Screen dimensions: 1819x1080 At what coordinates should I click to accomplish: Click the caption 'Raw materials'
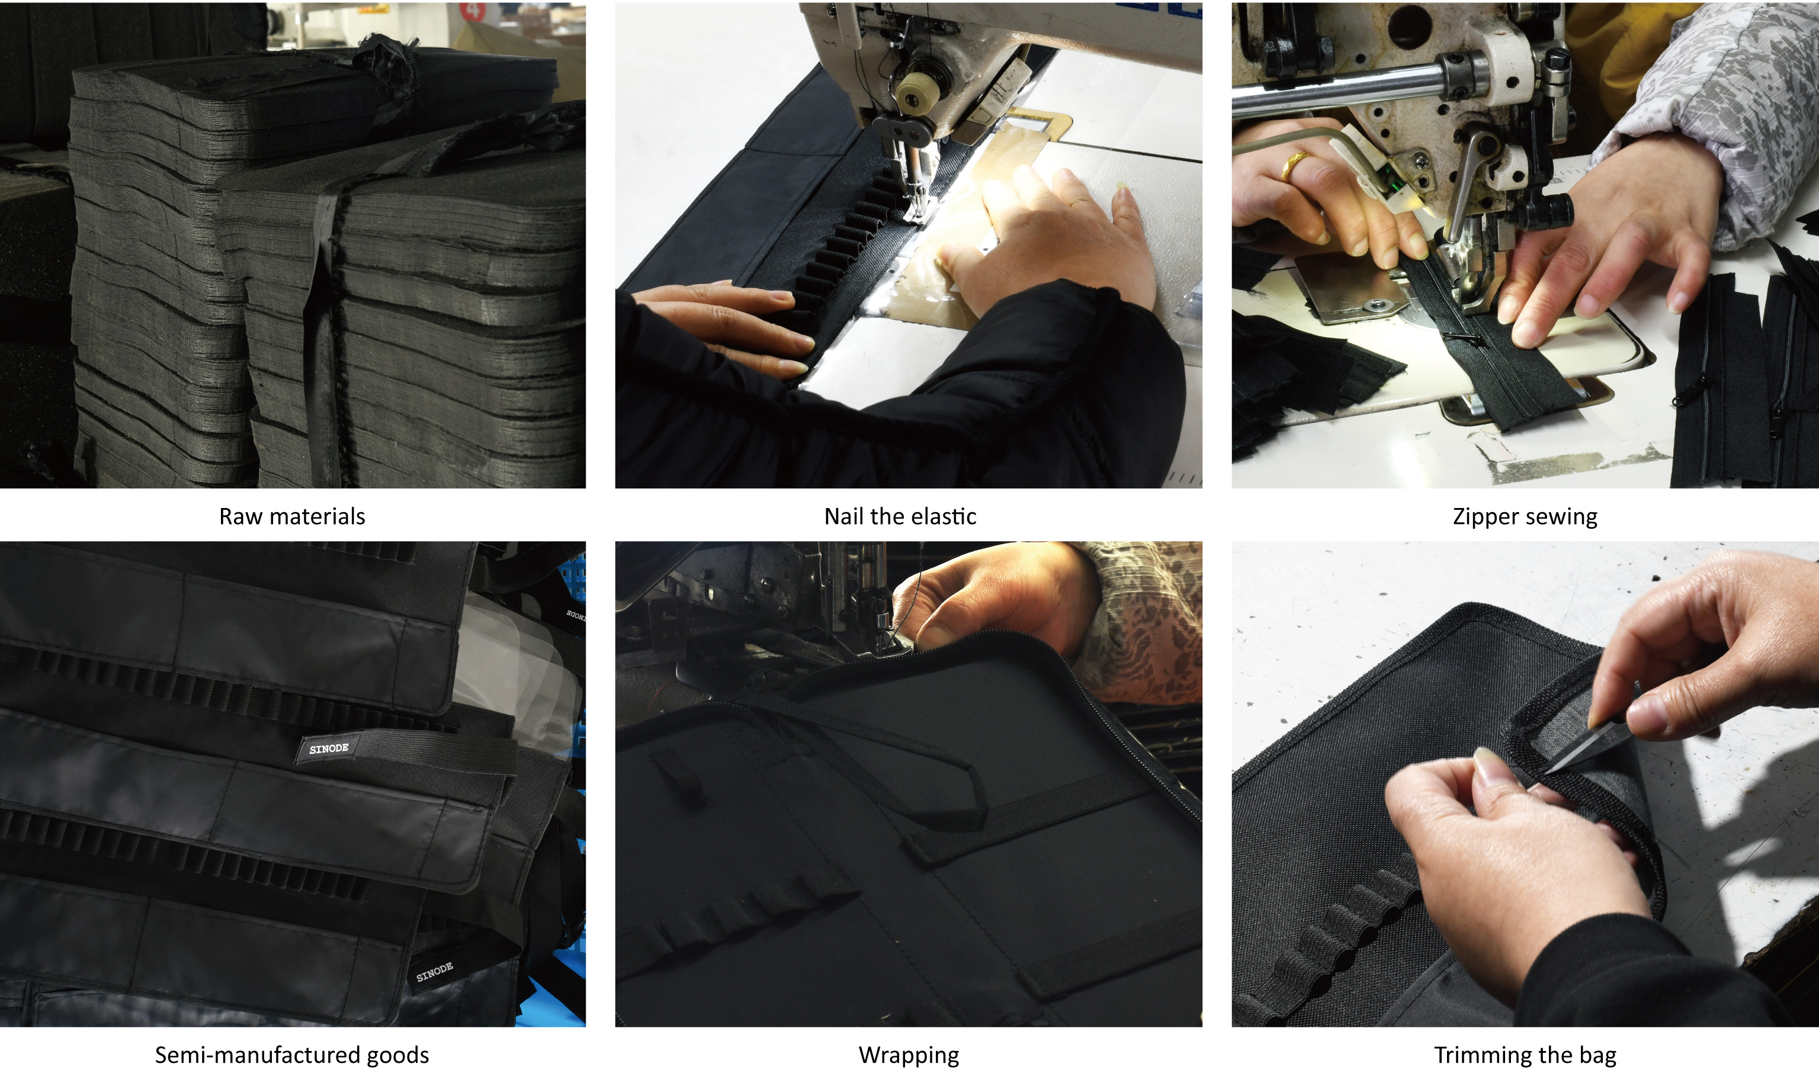point(292,517)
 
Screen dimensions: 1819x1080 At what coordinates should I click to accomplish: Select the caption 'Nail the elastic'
point(900,517)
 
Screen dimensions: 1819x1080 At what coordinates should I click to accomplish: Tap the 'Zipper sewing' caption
point(1525,517)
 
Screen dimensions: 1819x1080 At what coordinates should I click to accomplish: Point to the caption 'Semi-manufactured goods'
point(292,1055)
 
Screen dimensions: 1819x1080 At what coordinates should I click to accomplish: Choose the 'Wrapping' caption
point(909,1056)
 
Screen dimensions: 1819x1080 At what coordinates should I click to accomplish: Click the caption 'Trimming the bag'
point(1525,1056)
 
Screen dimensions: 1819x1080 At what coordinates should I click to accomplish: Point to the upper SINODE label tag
point(328,750)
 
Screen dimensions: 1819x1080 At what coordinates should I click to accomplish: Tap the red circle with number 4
point(473,10)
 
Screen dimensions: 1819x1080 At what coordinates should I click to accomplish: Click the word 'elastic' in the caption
point(944,517)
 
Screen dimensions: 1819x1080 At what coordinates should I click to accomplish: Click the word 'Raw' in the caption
point(241,517)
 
